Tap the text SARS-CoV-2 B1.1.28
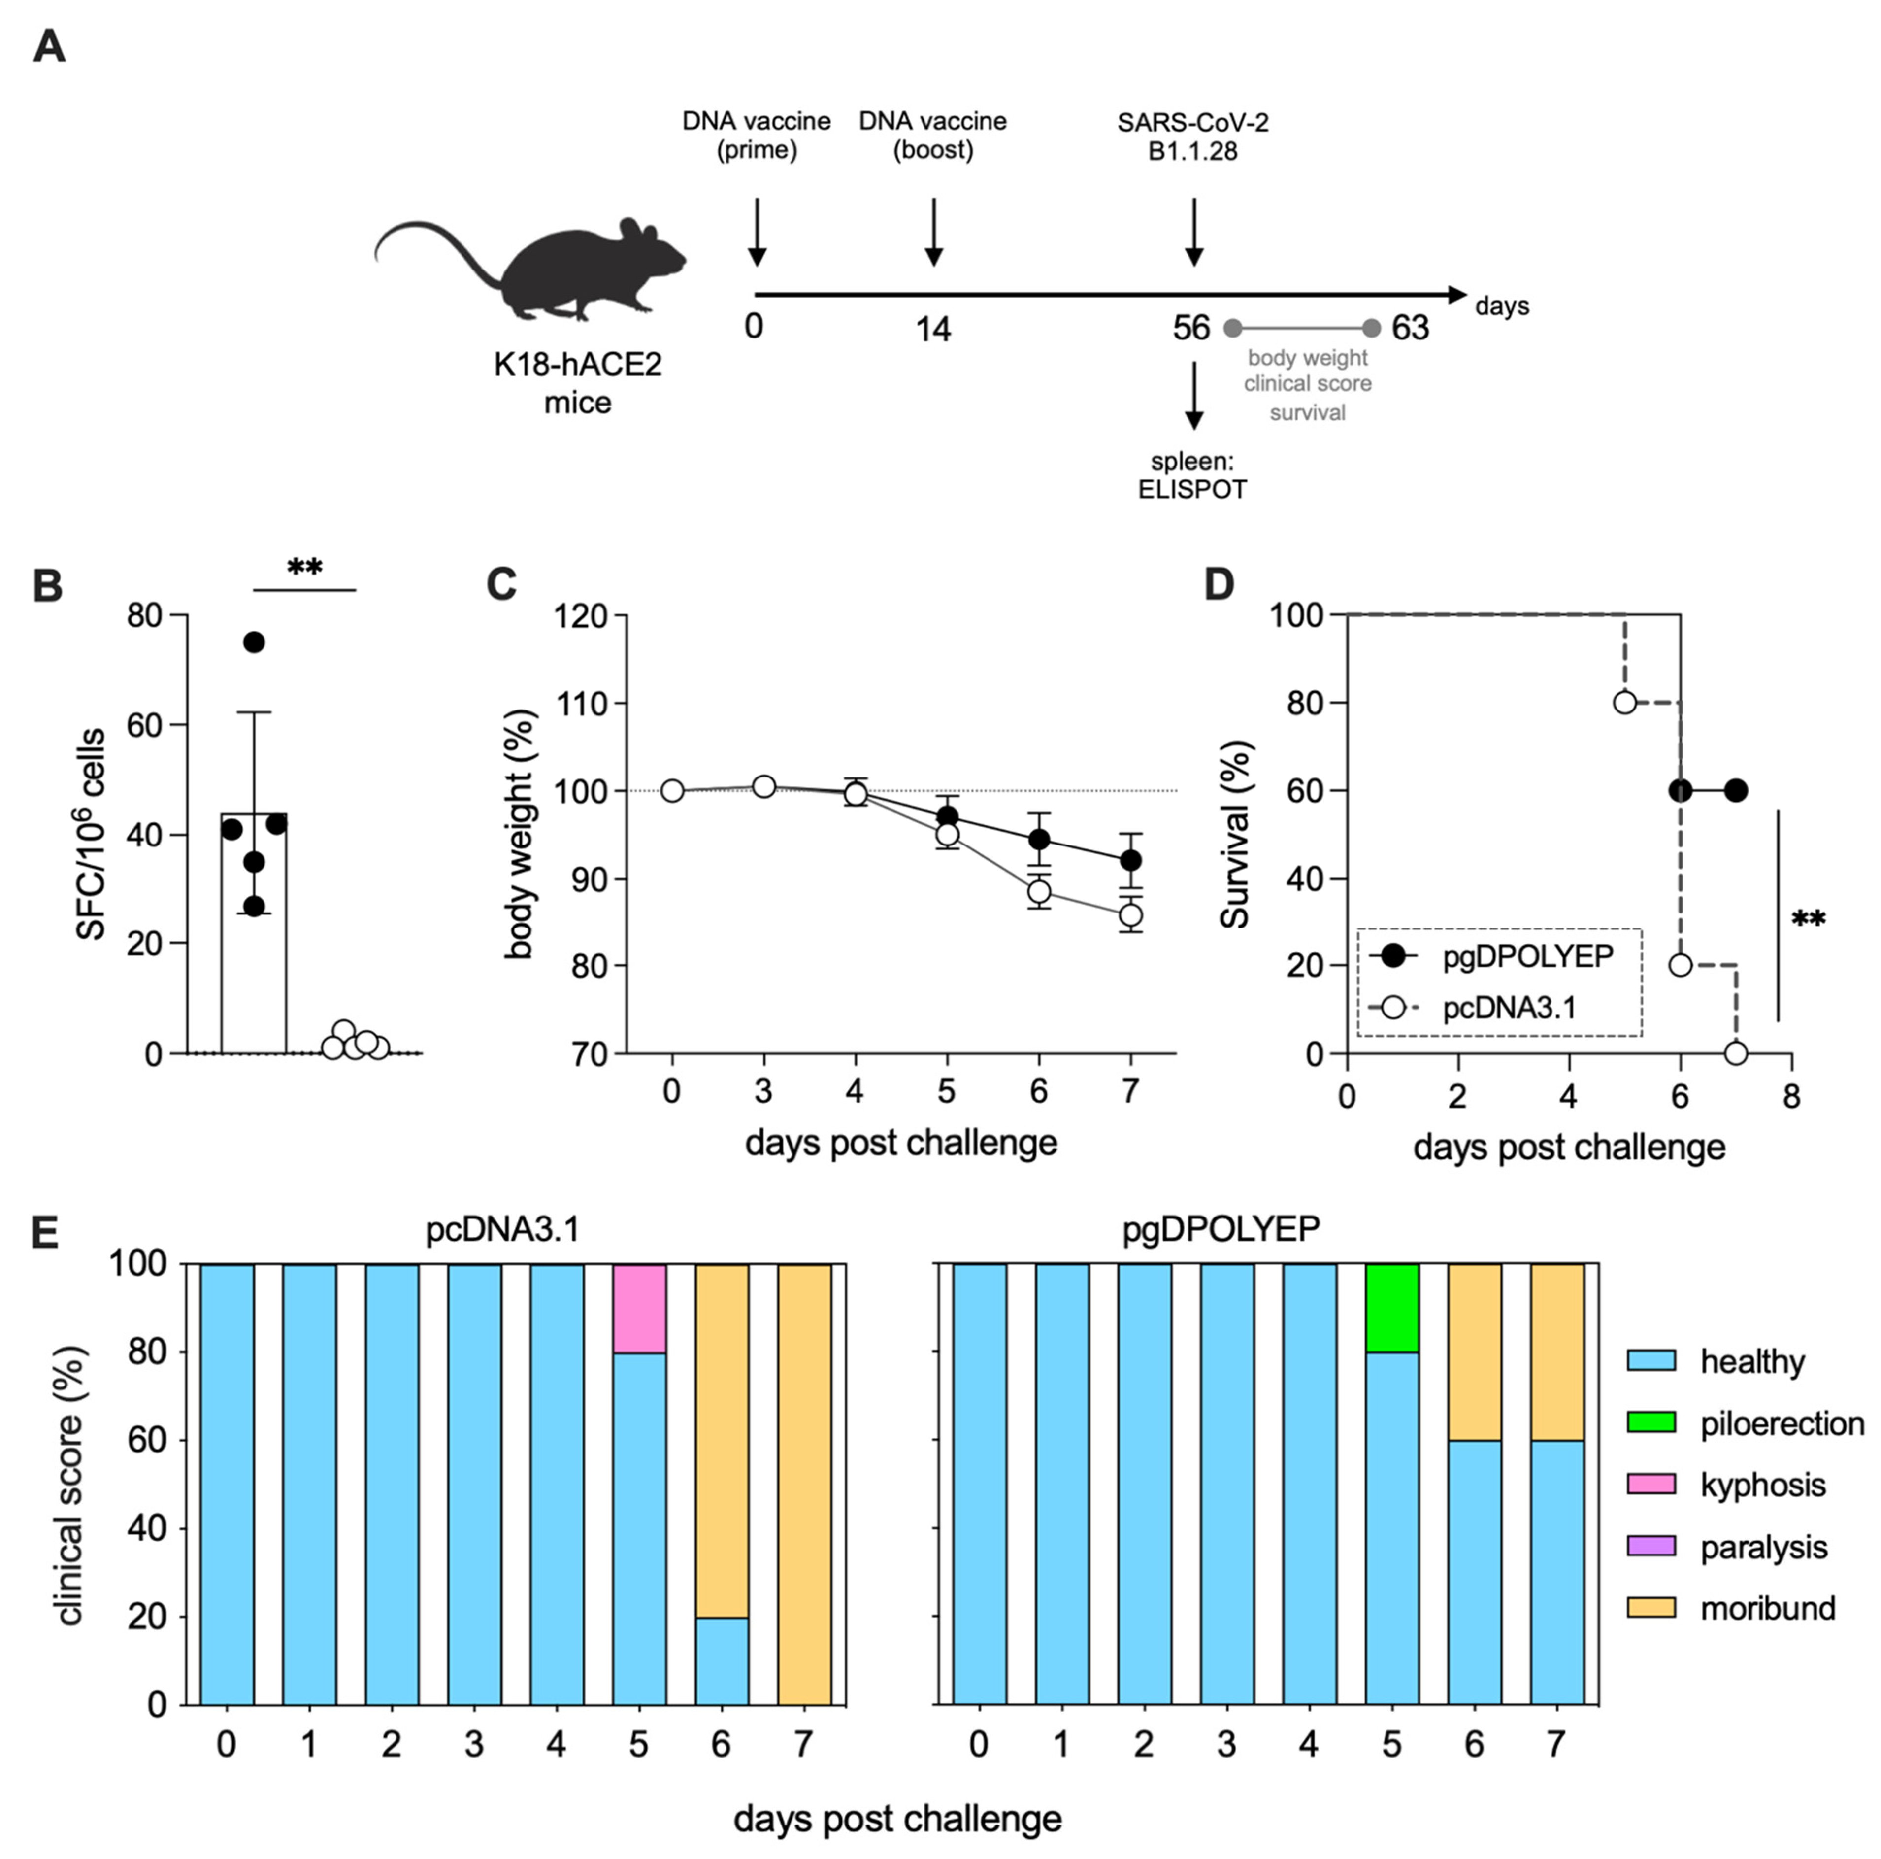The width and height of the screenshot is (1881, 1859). [x=1192, y=136]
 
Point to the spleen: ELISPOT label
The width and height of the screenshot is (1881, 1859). [x=1192, y=475]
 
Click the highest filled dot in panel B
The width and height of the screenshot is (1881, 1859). [x=254, y=642]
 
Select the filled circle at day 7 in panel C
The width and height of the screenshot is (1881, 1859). [x=1130, y=861]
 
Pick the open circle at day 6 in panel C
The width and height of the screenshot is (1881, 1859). [x=1039, y=891]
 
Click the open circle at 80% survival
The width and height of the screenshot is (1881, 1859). [x=1625, y=702]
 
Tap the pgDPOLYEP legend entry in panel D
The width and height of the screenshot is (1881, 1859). [x=1499, y=956]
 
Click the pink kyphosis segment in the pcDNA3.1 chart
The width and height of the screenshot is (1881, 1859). [x=640, y=1308]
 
